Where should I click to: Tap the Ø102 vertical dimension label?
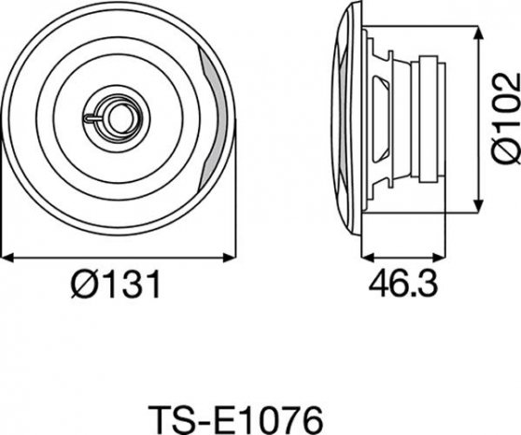(506, 119)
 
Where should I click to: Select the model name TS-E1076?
(235, 419)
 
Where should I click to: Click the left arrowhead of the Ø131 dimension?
(7, 258)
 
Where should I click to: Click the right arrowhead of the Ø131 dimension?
(230, 258)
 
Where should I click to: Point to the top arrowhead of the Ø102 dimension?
(478, 33)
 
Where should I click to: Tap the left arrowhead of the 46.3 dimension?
(368, 257)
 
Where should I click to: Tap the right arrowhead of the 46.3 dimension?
(438, 257)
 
